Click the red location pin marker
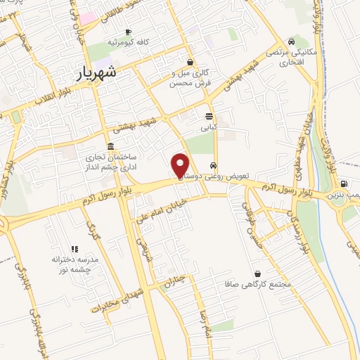coord(181,165)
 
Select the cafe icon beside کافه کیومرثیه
coord(127,32)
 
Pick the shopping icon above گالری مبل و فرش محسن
coord(190,61)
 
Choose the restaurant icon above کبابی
coord(209,116)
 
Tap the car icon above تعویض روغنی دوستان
coord(223,166)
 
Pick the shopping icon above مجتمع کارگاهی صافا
coord(258,274)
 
